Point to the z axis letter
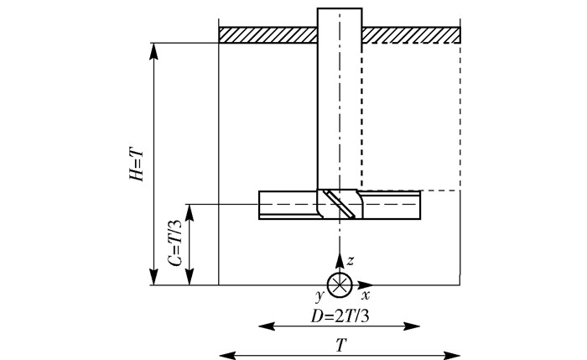[351, 261]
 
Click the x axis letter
[366, 296]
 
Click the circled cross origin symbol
[339, 284]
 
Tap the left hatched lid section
[268, 34]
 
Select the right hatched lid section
[412, 34]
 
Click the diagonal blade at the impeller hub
[340, 203]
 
